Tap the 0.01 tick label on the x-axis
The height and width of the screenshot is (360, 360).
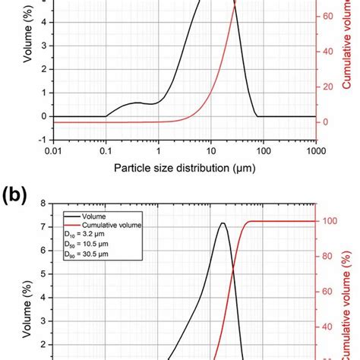coord(52,153)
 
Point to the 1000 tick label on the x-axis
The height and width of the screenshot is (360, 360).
coord(315,153)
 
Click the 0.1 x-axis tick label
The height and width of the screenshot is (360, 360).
coord(106,153)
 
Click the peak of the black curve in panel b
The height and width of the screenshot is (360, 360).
coord(223,223)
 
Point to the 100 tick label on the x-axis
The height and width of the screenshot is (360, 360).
coord(264,153)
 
